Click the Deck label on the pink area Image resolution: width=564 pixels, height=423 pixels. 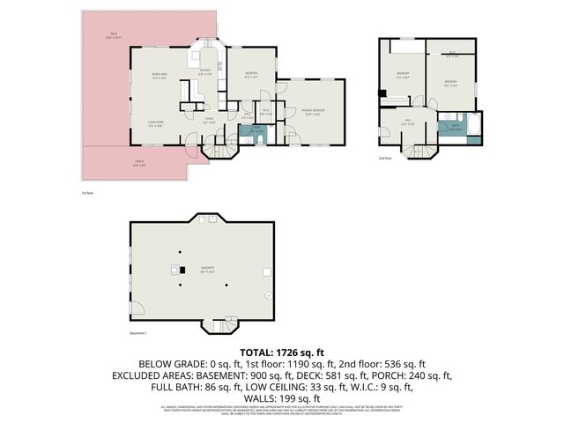coord(114,37)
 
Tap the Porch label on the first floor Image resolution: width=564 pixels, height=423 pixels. coord(139,162)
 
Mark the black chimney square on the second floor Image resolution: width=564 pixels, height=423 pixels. coord(381,93)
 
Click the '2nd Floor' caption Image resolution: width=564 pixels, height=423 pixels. coord(384,159)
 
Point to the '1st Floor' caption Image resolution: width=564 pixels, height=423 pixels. coord(86,191)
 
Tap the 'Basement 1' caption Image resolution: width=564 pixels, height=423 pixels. coord(138,332)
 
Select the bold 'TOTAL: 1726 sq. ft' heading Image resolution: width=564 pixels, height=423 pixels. coord(282,352)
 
